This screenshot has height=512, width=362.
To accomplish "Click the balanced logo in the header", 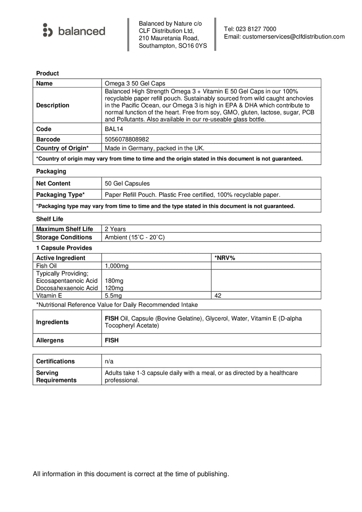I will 74,31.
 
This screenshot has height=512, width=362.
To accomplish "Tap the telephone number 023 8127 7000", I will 256,29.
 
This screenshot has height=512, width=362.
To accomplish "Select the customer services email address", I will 293,37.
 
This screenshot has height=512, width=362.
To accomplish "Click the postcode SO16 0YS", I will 193,46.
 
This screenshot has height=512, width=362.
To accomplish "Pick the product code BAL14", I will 114,129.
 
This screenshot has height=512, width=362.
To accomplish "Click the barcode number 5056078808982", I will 127,139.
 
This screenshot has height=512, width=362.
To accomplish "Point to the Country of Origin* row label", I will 62,148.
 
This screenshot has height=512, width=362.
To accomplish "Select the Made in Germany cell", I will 155,148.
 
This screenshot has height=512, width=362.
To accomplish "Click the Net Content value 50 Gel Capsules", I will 127,184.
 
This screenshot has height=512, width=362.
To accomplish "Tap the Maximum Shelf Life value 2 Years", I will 115,229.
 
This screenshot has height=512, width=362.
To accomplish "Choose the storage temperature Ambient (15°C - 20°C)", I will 135,238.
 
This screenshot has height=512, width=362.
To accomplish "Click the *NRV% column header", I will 225,258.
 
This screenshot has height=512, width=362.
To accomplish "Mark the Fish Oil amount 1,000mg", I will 117,266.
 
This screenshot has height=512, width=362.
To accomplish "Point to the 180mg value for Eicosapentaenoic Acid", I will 114,281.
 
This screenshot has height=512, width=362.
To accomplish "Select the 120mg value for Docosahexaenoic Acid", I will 114,288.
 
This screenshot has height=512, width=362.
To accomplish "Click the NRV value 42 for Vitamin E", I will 218,296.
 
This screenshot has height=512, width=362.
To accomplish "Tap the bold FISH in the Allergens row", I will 111,340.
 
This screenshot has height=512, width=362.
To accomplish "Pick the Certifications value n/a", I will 109,361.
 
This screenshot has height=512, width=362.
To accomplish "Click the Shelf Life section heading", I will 50,219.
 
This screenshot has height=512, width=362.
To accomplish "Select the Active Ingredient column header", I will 61,258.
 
